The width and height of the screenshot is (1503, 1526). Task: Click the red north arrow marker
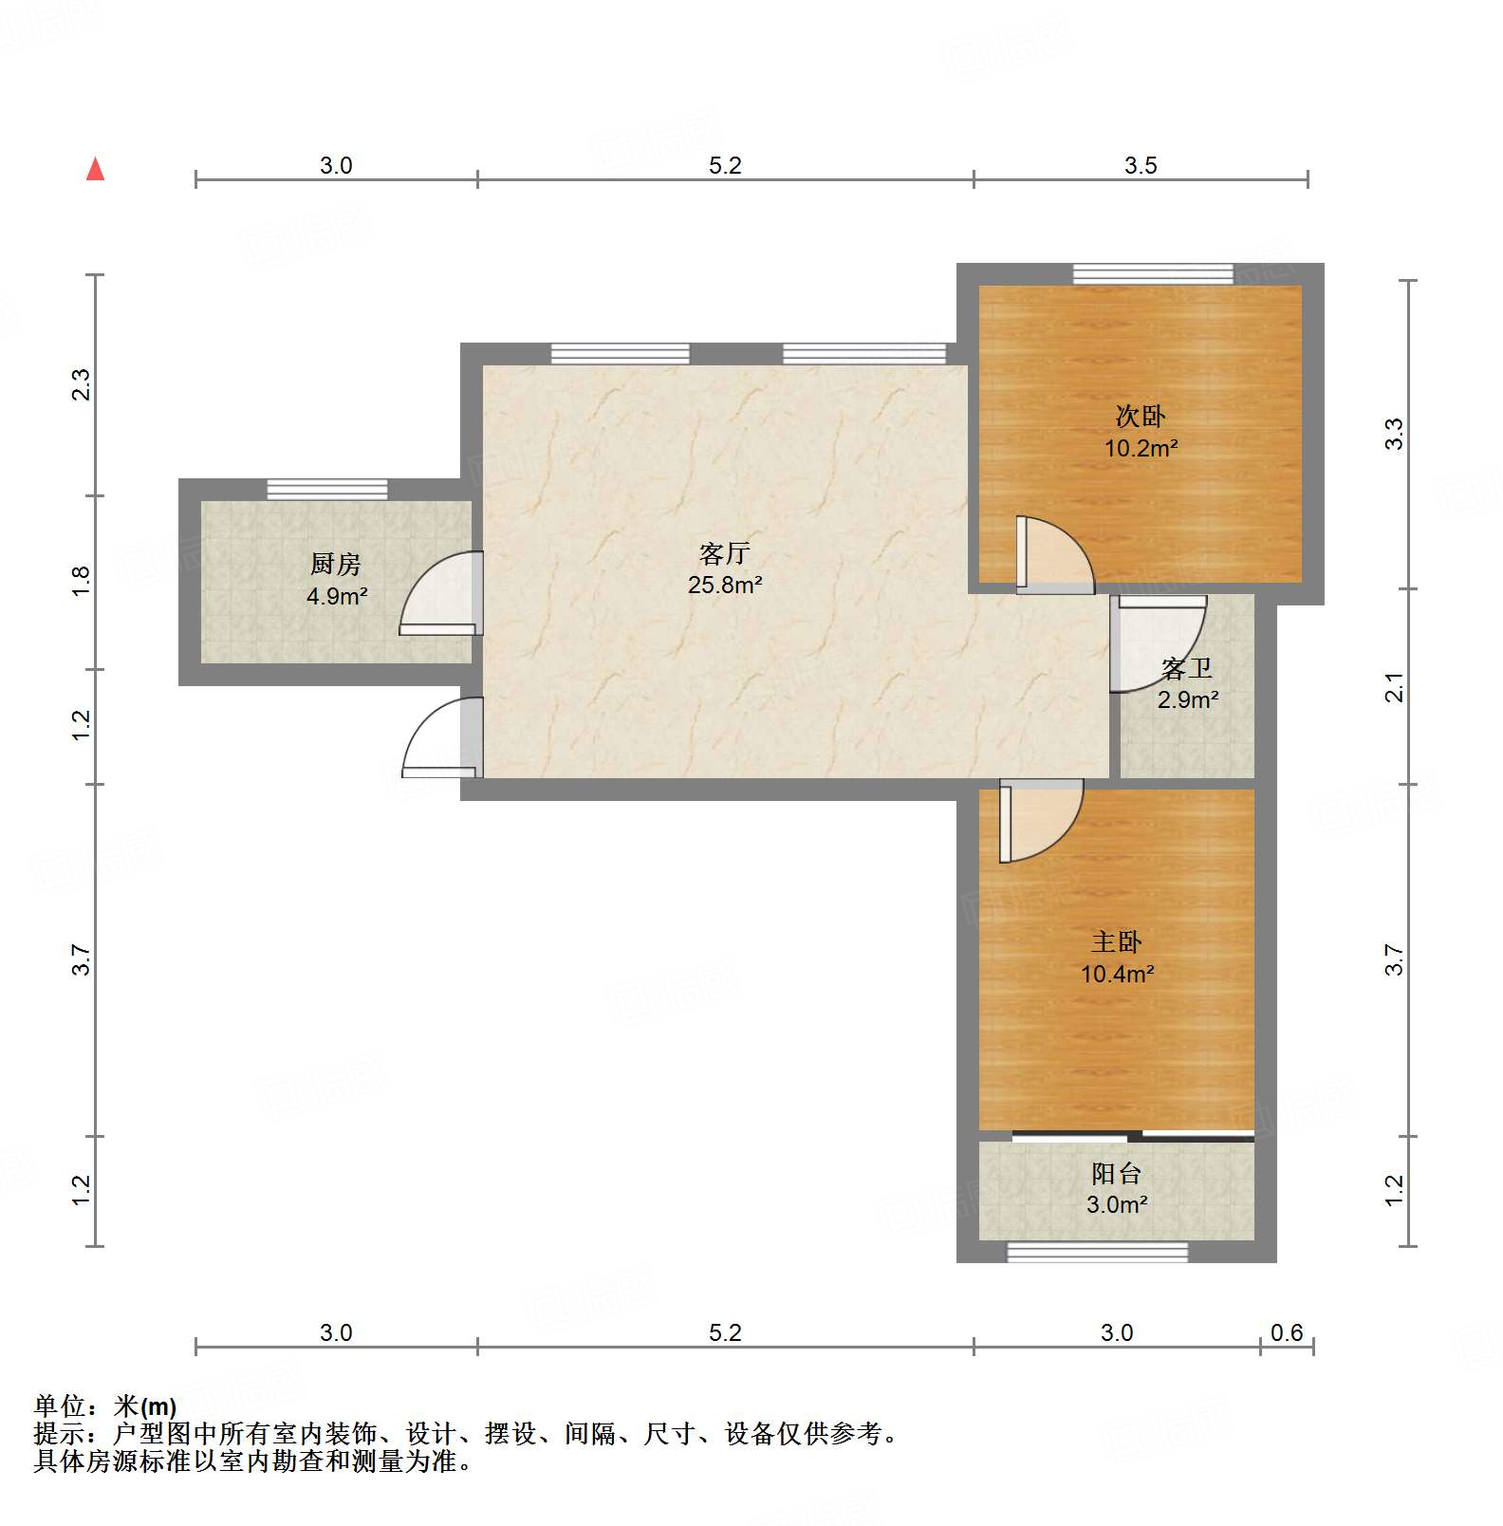95,170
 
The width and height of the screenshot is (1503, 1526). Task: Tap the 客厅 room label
725,553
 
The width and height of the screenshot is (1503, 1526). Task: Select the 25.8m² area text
725,586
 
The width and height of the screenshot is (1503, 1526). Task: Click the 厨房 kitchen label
336,565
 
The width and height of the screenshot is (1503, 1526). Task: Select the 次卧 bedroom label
1141,416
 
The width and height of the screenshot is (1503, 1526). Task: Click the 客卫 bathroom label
1188,669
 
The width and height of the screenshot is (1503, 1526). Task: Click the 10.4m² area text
1117,974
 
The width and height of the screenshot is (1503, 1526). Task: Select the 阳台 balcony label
1116,1174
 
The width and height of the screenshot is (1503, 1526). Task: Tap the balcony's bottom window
1097,1253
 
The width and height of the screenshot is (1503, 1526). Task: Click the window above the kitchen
327,490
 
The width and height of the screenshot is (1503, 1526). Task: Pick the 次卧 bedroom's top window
1153,274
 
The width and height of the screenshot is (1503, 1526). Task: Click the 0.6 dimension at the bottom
1287,1333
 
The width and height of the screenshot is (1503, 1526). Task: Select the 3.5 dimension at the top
1141,166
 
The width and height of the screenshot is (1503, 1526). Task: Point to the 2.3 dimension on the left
82,384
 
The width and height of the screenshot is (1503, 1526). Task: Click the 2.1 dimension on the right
1394,686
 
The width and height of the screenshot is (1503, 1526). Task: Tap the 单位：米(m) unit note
105,1405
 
